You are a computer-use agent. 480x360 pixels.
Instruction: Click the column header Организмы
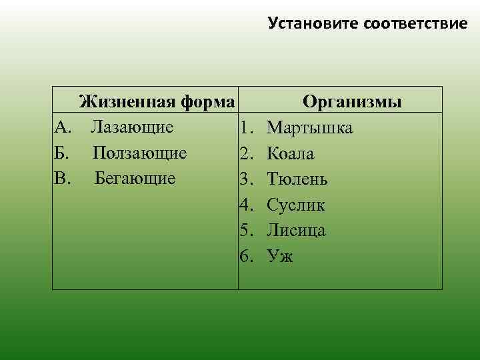pos(352,103)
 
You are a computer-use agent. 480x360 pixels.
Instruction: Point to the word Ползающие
pos(139,153)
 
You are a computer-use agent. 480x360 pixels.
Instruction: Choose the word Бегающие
pos(135,178)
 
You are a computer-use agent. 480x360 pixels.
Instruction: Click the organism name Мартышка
pos(309,128)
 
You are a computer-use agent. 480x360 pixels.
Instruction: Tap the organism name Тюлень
pos(297,179)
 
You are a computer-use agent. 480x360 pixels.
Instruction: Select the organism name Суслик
pos(295,205)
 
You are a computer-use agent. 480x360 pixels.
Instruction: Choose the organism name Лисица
pos(296,230)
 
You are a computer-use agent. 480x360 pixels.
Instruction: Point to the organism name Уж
pos(279,256)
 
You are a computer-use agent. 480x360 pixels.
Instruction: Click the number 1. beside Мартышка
pos(247,128)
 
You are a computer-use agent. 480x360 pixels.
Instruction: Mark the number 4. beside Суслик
pos(247,205)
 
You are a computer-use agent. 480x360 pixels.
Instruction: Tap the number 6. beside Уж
pos(247,256)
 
